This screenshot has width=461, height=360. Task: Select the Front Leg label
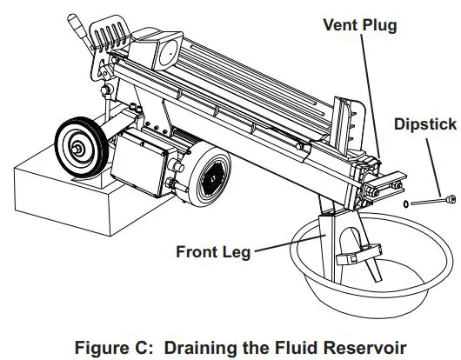213,252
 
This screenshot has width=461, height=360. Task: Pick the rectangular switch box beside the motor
144,162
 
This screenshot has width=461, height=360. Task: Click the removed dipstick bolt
430,202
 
